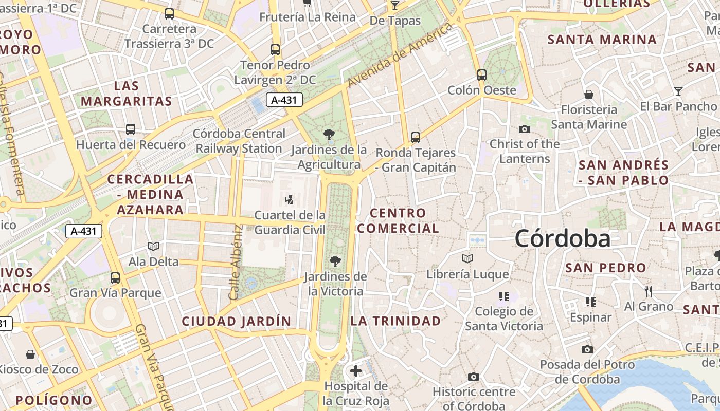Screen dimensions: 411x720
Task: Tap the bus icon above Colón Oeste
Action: click(482, 75)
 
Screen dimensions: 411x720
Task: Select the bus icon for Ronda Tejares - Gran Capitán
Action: click(416, 138)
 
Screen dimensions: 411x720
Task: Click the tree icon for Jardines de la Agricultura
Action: click(329, 135)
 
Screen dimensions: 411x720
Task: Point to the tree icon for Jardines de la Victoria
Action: click(335, 261)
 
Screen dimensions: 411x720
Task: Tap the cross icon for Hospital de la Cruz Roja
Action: click(356, 371)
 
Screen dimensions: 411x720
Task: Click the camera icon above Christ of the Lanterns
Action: click(525, 129)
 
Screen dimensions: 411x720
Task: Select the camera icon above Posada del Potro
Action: click(587, 350)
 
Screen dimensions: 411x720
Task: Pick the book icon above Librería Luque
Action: click(467, 259)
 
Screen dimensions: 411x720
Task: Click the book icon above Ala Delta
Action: click(153, 247)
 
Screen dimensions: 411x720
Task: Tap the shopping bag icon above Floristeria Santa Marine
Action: click(589, 95)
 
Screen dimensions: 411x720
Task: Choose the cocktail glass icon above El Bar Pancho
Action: click(678, 91)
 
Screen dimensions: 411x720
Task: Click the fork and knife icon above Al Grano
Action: click(649, 291)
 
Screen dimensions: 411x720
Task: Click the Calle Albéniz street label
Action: click(235, 262)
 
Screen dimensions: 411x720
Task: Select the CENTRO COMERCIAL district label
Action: click(398, 220)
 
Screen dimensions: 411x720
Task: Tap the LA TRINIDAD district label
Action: click(396, 321)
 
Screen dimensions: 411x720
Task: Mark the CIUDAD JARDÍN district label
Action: click(237, 322)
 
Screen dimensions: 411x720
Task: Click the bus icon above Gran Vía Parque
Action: click(115, 278)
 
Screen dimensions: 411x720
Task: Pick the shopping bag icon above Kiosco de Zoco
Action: click(31, 354)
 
